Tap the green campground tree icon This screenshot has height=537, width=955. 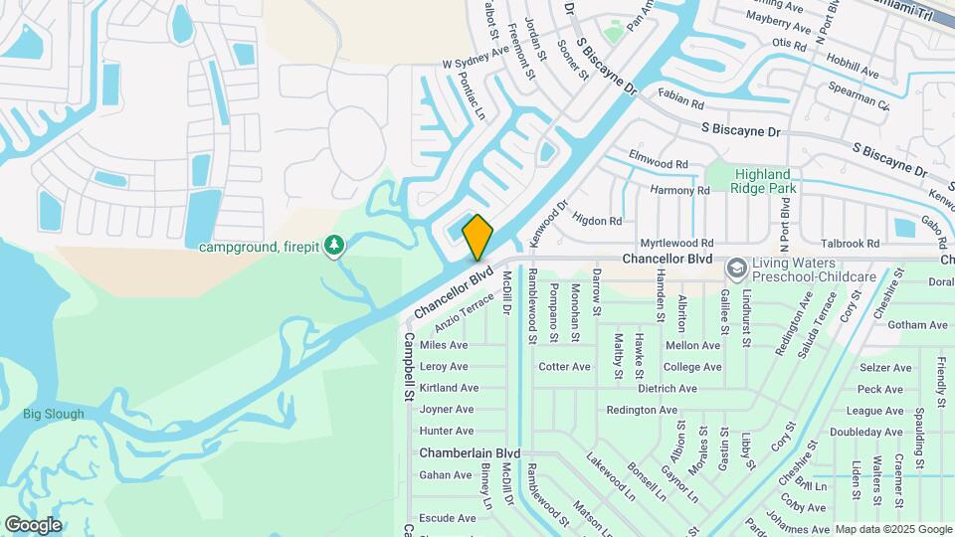click(x=336, y=245)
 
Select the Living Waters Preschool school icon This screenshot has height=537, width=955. click(x=736, y=268)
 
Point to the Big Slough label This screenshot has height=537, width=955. click(x=54, y=414)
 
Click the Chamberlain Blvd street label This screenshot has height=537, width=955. click(x=470, y=452)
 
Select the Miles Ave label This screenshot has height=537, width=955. click(x=444, y=345)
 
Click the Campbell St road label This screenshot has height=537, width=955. click(x=408, y=367)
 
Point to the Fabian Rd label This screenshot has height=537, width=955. click(x=681, y=101)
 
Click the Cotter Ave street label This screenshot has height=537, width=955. click(x=565, y=366)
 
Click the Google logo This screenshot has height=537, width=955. click(x=33, y=525)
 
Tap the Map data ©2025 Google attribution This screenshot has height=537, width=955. click(x=893, y=530)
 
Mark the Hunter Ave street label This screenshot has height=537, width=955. click(x=447, y=431)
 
